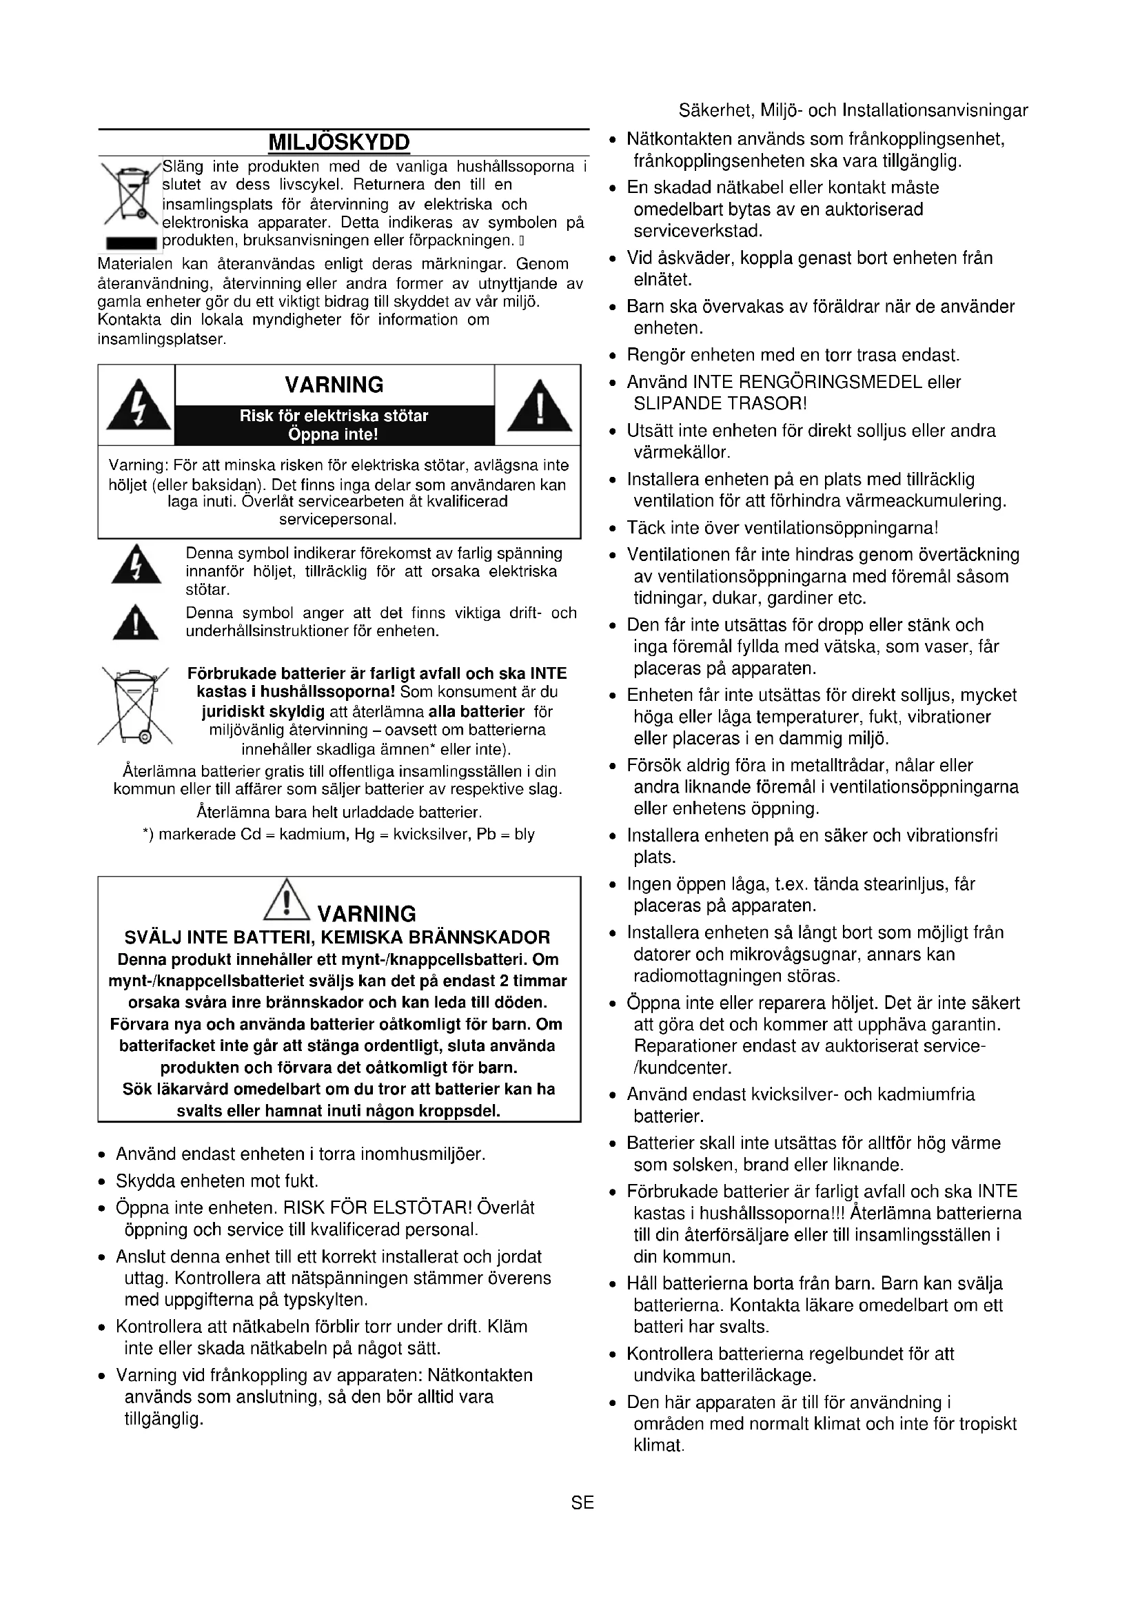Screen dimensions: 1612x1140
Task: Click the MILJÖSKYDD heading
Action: coord(339,143)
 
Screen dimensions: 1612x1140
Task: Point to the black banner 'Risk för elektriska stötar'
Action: coord(334,425)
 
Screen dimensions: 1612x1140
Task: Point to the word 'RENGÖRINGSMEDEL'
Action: coord(818,382)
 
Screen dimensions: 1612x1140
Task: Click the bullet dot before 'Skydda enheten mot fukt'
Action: coord(103,1182)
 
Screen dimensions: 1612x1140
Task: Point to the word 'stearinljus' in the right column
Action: coord(904,884)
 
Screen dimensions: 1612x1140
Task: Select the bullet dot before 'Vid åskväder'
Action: coord(613,258)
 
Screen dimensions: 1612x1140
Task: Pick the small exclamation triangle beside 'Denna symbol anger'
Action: coord(136,622)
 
